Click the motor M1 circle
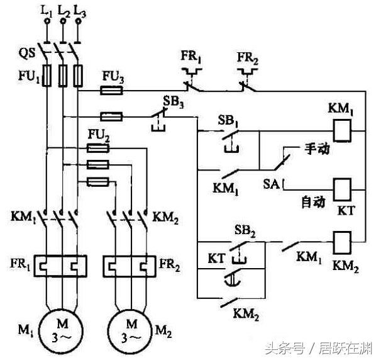point(40,331)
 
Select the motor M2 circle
point(109,331)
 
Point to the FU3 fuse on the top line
point(111,91)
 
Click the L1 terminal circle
point(47,21)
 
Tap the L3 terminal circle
point(78,21)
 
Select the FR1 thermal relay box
point(34,266)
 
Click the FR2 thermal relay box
point(104,266)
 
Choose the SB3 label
point(173,101)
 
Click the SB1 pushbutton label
point(228,121)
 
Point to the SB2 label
point(245,230)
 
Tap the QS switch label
point(27,53)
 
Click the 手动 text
point(317,149)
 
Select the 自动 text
point(314,203)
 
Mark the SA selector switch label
point(271,184)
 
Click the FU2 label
point(99,135)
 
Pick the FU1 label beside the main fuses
point(29,77)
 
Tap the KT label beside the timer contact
point(217,258)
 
